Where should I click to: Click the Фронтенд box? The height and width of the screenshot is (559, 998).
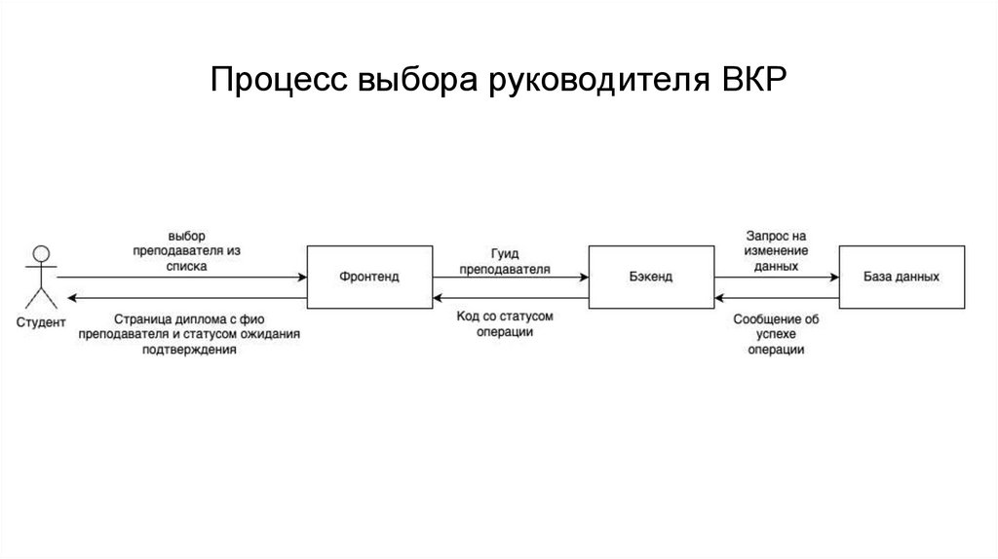coord(369,277)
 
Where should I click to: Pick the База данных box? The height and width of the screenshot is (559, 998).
coord(902,277)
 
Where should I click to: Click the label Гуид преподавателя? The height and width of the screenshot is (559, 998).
coord(504,259)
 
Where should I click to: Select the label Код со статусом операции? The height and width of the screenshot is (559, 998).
coord(505,324)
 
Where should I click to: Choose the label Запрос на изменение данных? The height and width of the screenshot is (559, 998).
coord(777,250)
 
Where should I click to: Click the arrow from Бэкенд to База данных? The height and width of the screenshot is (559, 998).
coord(776,278)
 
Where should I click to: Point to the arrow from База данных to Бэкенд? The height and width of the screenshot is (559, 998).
coord(776,297)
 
